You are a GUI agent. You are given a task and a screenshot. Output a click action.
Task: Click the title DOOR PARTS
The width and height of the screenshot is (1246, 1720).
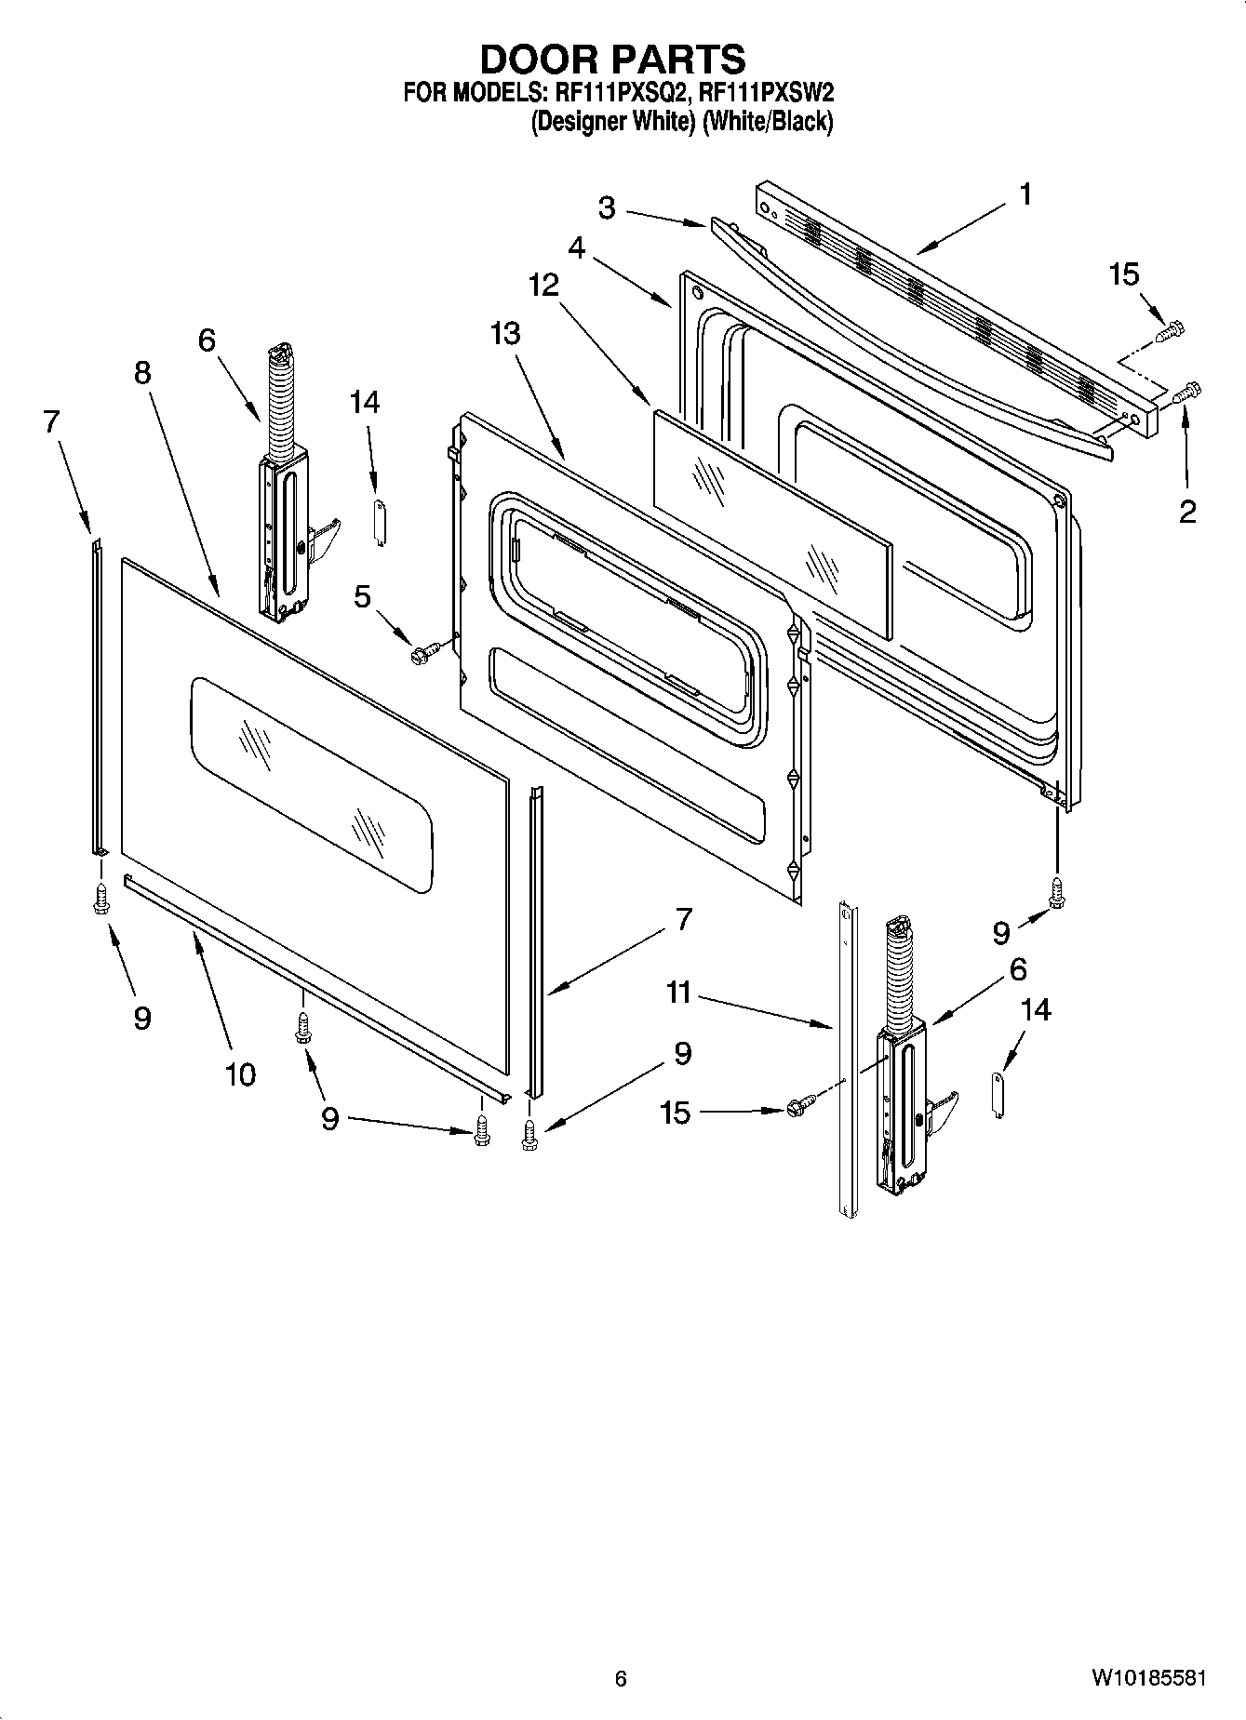tap(612, 59)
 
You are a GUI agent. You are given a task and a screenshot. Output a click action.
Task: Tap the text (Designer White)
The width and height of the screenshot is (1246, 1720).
tap(613, 122)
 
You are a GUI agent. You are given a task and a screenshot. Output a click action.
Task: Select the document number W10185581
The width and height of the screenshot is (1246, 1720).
tap(1149, 1678)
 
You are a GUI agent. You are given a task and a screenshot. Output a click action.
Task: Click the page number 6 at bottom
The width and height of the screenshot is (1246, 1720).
tap(621, 1679)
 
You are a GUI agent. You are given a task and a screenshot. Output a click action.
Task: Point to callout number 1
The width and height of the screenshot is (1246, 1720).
tap(1024, 194)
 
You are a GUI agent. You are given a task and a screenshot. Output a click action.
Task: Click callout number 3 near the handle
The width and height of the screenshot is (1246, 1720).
tap(607, 207)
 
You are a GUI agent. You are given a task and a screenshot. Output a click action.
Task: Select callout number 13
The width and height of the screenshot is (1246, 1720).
tap(505, 333)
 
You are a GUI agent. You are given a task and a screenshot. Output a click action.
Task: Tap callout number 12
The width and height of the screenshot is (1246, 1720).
tap(543, 285)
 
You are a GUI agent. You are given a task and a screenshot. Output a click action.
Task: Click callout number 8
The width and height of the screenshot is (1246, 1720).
tap(141, 372)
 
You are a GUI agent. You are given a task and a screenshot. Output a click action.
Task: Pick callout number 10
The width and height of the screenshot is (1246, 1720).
tap(240, 1074)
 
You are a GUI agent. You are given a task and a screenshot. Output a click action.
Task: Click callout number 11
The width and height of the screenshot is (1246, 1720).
tap(678, 993)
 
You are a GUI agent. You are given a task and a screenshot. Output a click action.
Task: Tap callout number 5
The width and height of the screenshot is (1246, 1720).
tap(363, 596)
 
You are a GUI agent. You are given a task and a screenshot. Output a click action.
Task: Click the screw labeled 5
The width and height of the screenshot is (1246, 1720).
tap(419, 656)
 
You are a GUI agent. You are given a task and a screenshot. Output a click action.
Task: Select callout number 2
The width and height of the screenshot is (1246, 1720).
tap(1187, 511)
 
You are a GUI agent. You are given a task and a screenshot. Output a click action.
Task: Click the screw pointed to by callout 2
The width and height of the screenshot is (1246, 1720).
tap(1187, 393)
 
